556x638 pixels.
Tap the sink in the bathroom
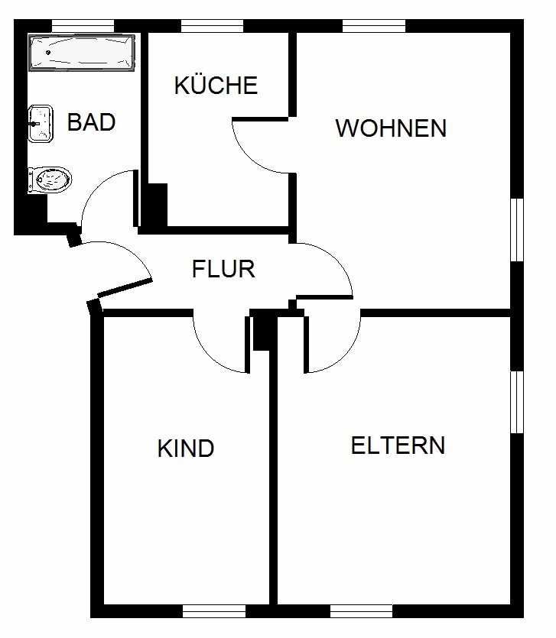41,124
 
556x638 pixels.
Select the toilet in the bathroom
50,180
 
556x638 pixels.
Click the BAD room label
91,122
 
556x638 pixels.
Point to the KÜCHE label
216,86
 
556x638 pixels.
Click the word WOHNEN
391,128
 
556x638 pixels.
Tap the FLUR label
223,269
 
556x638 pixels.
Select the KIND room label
185,449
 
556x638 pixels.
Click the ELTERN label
398,445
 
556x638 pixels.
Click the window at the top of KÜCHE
212,26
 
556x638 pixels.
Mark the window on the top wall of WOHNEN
373,26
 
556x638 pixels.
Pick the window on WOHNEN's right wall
517,230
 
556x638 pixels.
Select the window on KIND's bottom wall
213,610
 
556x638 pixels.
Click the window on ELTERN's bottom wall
361,610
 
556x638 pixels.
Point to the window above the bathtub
83,26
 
